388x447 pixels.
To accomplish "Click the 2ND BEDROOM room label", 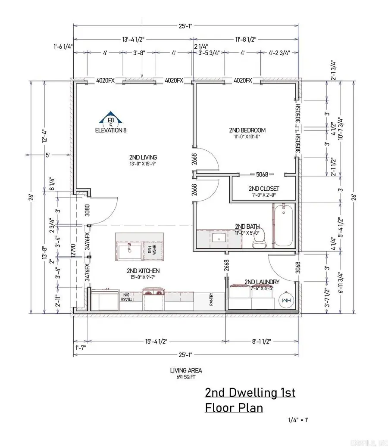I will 247,130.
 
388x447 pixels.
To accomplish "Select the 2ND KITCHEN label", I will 143,271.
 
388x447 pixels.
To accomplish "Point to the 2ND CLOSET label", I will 264,189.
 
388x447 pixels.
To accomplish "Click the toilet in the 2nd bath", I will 259,239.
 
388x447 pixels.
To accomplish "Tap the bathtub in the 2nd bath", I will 283,226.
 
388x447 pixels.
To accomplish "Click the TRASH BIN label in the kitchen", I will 125,298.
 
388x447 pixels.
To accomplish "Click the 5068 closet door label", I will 262,174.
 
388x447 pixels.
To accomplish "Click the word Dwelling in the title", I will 250,393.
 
